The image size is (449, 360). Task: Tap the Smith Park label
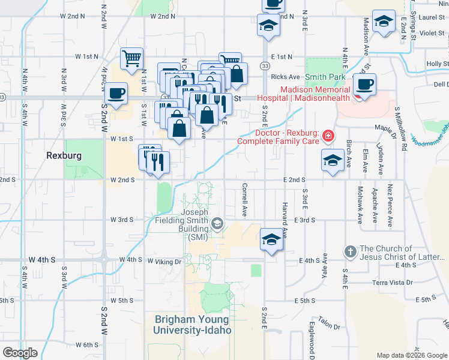(325, 77)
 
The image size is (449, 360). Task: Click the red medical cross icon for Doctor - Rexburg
(328, 136)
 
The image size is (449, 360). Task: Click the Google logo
(20, 352)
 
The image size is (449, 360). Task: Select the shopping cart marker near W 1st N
(132, 59)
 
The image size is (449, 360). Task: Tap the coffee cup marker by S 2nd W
(116, 94)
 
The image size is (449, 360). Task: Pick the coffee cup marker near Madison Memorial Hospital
(364, 83)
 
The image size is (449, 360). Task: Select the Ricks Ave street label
(285, 77)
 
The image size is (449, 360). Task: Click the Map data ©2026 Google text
(411, 355)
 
